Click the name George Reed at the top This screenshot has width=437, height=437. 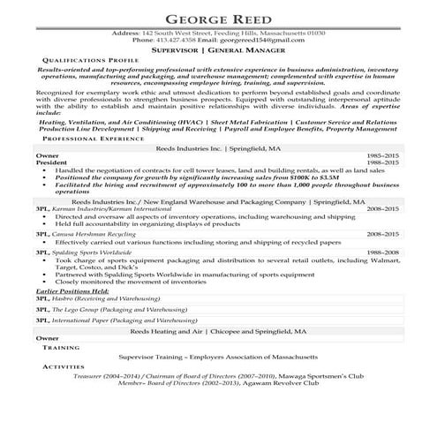pos(218,17)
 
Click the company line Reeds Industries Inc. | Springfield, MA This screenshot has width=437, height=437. pos(218,148)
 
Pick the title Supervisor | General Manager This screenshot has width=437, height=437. pos(218,52)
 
